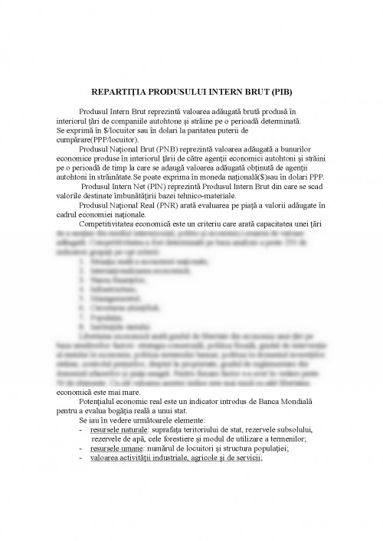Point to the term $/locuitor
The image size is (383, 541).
pyautogui.click(x=113, y=131)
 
